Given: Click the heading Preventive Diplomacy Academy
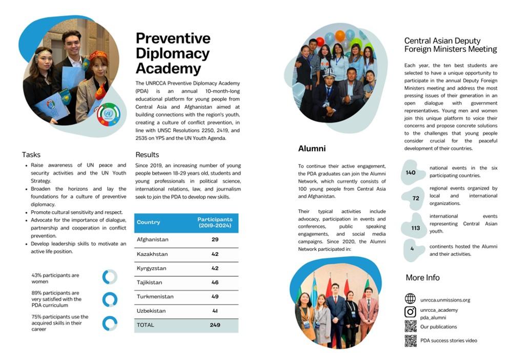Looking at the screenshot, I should point(173,53).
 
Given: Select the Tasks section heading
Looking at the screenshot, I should point(31,154).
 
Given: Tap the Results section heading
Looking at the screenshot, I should point(147,154).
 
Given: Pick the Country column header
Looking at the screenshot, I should point(148,223).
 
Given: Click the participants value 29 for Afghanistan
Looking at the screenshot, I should point(215,239).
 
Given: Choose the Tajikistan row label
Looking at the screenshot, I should point(150,282).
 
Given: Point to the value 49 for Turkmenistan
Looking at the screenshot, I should point(215,296).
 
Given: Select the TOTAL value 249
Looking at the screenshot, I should point(215,325).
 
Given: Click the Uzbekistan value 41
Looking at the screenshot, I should point(215,311).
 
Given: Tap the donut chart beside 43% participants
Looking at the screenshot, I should point(110,277).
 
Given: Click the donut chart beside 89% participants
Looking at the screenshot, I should point(110,299).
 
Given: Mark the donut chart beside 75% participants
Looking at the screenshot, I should point(110,323).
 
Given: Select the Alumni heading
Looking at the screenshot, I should point(312,149).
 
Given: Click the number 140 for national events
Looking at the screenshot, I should point(411,173).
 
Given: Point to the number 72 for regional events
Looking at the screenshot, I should point(415,198).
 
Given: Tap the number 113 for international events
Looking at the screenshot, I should point(415,228).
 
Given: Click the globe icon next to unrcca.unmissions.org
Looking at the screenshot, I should point(410,299).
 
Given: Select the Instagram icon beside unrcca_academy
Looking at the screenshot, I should point(410,312).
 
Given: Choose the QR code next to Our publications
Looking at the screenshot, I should point(410,326).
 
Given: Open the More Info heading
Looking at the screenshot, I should point(422,277).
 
